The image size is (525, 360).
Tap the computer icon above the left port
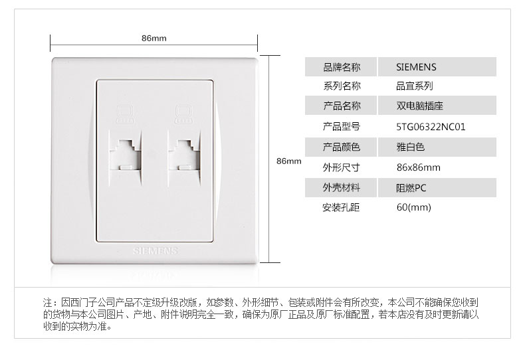click(x=123, y=115)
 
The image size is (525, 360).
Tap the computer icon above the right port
click(x=180, y=115)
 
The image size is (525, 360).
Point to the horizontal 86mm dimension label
click(x=154, y=38)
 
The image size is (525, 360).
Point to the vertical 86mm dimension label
click(x=288, y=161)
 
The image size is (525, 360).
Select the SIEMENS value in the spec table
click(x=416, y=66)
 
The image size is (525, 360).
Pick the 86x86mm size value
click(x=418, y=167)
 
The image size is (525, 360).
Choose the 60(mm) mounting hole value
click(x=413, y=208)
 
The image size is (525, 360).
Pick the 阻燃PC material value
click(x=411, y=187)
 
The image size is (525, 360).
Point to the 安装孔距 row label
click(x=341, y=208)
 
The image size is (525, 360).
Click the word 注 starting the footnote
click(x=47, y=301)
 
